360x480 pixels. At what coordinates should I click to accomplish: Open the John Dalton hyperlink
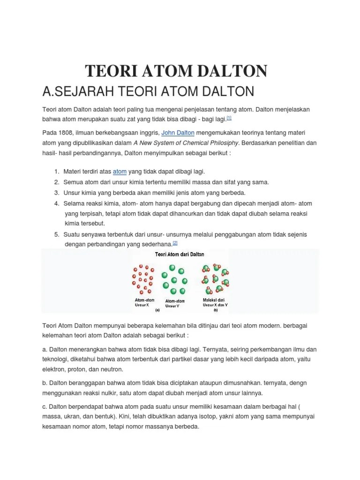point(178,133)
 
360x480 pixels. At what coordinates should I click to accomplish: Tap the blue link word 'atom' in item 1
point(120,172)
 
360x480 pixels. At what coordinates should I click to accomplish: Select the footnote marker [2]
point(175,242)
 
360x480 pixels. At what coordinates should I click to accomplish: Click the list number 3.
point(56,193)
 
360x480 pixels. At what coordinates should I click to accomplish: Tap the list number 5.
point(56,234)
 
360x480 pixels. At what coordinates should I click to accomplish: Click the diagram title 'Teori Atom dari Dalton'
point(180,255)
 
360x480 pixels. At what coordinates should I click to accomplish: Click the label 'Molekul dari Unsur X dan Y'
point(215,302)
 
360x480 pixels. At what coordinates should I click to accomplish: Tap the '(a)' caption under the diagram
point(157,310)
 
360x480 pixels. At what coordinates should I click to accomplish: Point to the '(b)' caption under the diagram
point(216,310)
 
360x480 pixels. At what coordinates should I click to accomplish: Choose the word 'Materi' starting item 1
point(73,172)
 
